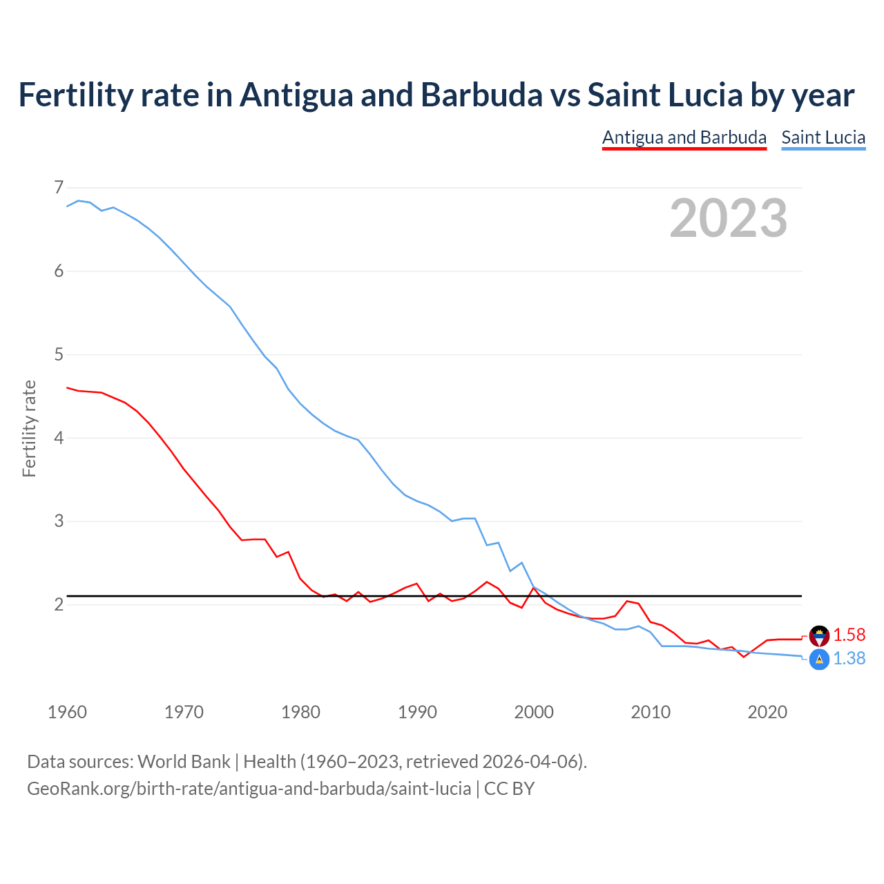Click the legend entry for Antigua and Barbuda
coord(684,137)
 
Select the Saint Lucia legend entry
coord(823,137)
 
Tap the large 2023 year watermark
coord(728,218)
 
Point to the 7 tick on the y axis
coord(58,187)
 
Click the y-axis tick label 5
coord(58,354)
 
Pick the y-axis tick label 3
coord(58,521)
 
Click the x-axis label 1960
coord(67,712)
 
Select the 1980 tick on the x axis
coord(300,712)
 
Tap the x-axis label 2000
coord(534,712)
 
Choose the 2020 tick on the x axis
coord(767,712)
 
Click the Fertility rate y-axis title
coord(29,428)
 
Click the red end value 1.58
coord(849,635)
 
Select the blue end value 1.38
coord(849,659)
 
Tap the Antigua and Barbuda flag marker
coord(819,635)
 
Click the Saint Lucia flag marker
coord(819,660)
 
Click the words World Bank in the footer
coord(184,762)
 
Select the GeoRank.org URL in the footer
coord(249,789)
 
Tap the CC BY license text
coord(509,789)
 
